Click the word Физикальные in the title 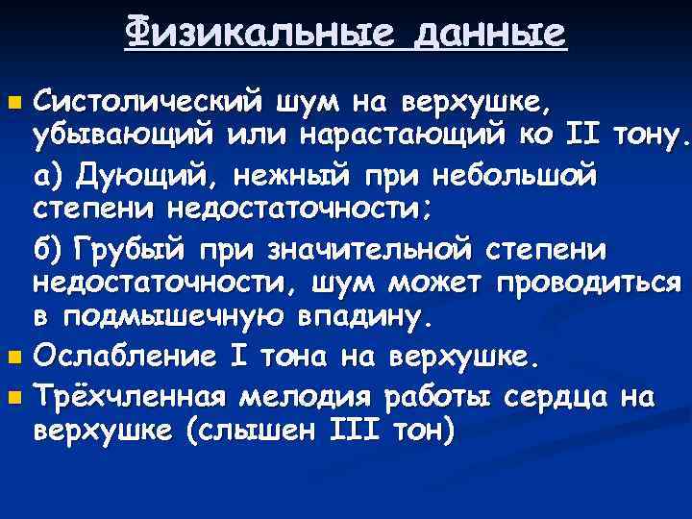click(248, 36)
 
